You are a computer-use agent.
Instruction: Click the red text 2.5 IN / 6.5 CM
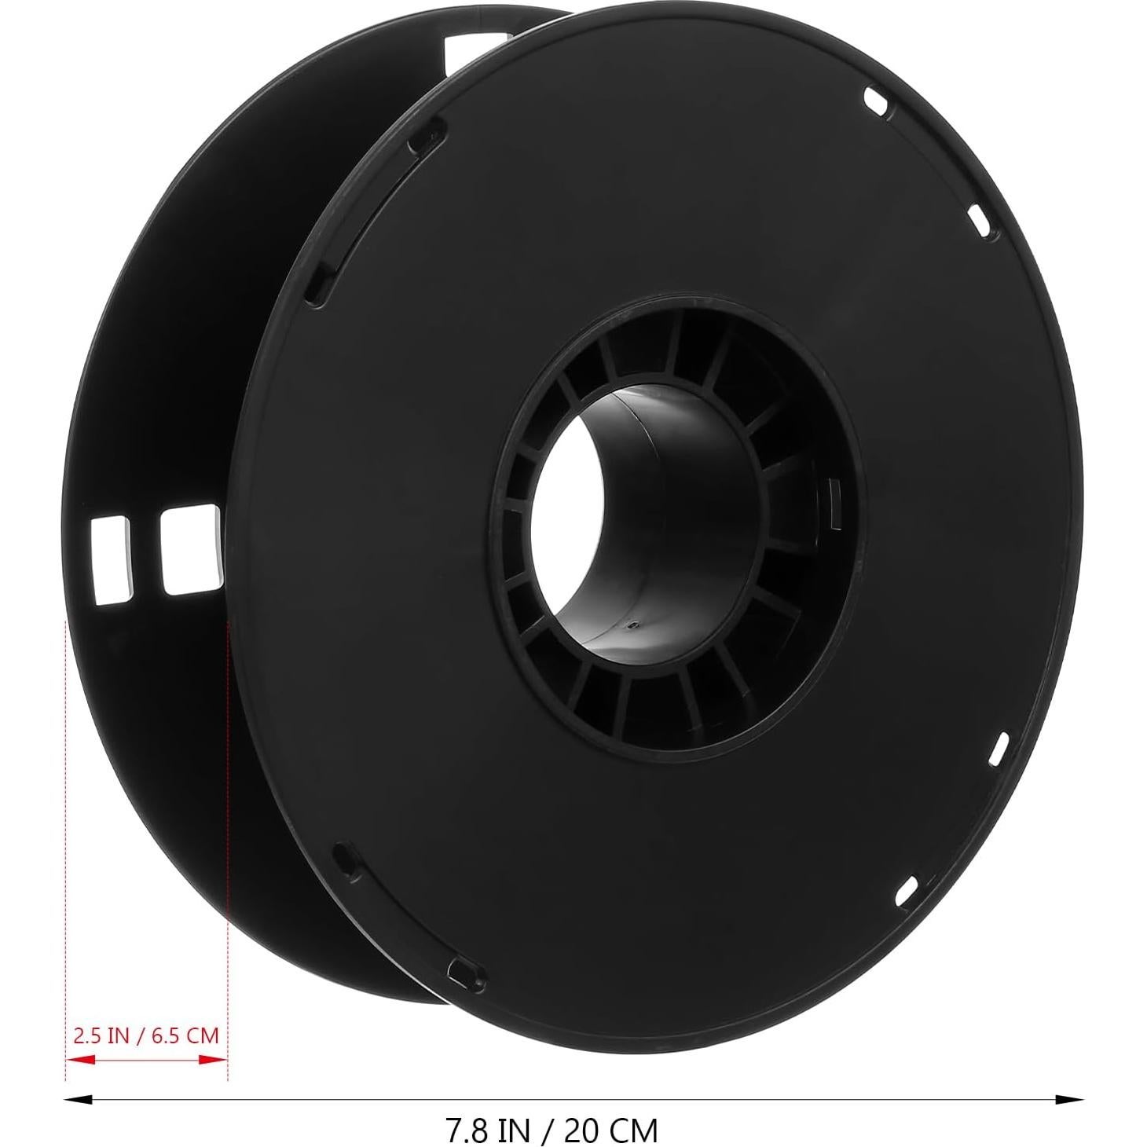145,1035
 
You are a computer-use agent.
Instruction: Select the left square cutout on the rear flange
111,559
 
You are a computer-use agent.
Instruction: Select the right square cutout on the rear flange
189,548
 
